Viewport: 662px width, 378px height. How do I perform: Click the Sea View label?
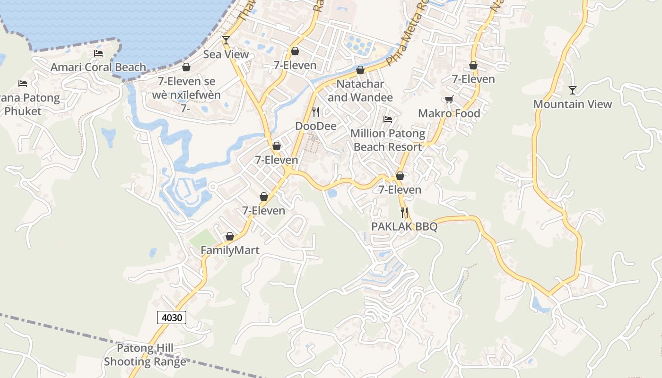(226, 54)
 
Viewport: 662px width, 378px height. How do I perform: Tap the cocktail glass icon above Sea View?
(226, 40)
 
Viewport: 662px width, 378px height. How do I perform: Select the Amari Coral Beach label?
(98, 67)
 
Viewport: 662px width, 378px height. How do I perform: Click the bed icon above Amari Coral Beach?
(98, 53)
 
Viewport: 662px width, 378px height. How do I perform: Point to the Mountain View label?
(573, 104)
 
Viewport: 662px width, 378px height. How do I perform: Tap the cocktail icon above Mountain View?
(573, 90)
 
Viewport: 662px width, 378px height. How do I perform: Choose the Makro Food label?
(449, 113)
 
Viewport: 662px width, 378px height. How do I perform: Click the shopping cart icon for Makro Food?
(449, 99)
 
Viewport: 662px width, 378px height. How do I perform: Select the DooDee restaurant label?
(316, 126)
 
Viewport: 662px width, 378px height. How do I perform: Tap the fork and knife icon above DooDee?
(316, 112)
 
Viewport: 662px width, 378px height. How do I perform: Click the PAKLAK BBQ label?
(404, 227)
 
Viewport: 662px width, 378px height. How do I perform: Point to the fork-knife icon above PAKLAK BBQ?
(404, 213)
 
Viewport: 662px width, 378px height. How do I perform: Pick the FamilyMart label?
(230, 250)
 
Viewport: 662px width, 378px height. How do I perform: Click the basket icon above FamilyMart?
(230, 236)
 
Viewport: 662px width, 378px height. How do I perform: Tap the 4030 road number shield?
(172, 318)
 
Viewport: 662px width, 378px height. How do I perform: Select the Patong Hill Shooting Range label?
(145, 355)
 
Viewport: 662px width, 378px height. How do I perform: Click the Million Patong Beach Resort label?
(388, 140)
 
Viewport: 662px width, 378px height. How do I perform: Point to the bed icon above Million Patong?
(388, 120)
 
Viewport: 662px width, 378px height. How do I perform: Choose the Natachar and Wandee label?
(360, 91)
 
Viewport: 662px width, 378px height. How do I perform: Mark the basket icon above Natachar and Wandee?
(360, 70)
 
